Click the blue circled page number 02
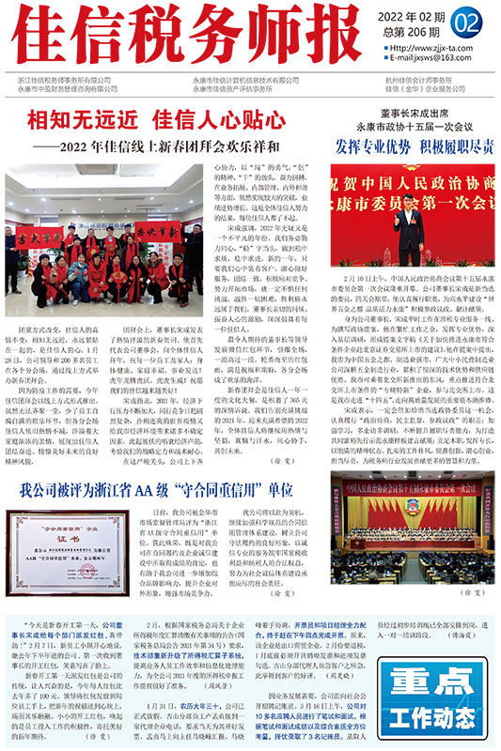[466, 21]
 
